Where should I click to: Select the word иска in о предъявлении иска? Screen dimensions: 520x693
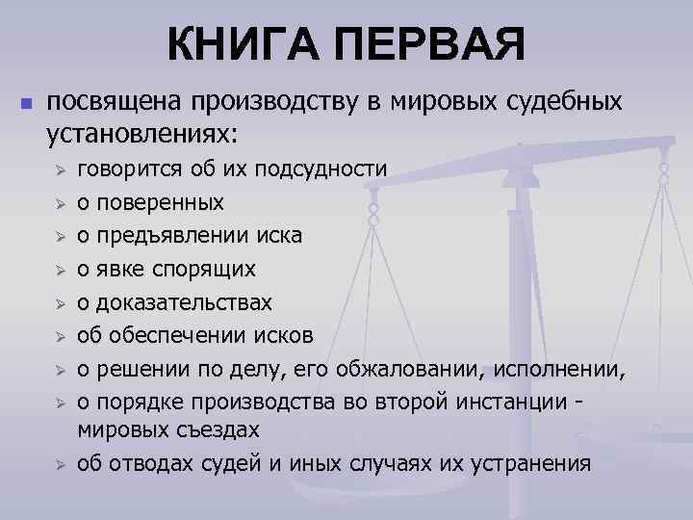pyautogui.click(x=275, y=236)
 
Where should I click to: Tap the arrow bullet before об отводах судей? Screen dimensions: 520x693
pyautogui.click(x=59, y=464)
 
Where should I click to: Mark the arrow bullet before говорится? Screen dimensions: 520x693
pyautogui.click(x=59, y=170)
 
